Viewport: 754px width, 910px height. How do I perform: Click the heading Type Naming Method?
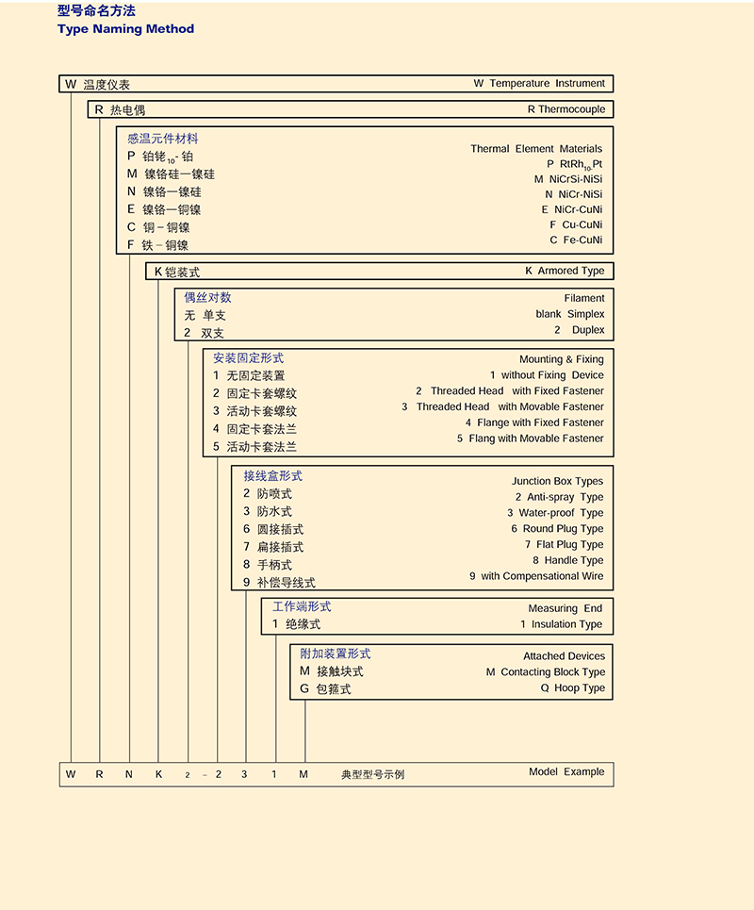click(125, 29)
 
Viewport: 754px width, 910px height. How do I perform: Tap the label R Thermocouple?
click(565, 109)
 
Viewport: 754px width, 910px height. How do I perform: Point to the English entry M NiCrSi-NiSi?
click(567, 179)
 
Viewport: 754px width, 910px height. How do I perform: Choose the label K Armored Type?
click(565, 272)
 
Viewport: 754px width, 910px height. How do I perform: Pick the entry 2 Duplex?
click(579, 330)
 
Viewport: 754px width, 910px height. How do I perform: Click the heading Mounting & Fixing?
click(561, 359)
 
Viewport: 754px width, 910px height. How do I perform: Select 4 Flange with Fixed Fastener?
click(533, 422)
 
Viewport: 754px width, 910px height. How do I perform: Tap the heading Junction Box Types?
click(557, 481)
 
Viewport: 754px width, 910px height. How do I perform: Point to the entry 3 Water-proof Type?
click(554, 513)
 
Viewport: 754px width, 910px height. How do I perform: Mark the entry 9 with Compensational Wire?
click(535, 576)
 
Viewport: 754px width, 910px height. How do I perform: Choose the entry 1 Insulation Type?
click(561, 624)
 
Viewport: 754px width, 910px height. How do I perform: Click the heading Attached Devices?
click(564, 656)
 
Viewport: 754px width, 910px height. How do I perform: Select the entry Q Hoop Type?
click(572, 688)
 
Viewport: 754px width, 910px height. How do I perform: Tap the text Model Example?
click(565, 771)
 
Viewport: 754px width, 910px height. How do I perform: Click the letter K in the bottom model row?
click(159, 774)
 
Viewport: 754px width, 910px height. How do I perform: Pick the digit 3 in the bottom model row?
click(246, 774)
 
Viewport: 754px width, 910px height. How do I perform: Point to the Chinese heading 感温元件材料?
click(163, 139)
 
